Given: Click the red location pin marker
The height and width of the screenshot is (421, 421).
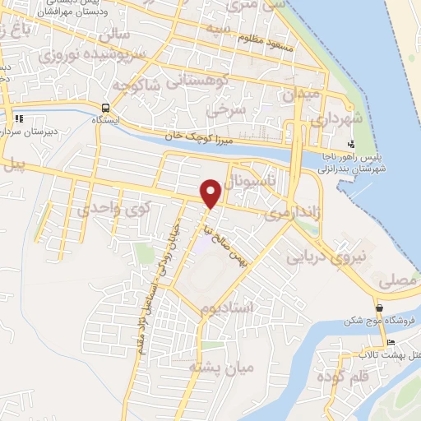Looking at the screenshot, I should pyautogui.click(x=211, y=193).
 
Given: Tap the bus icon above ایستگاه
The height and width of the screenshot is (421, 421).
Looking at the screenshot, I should pyautogui.click(x=105, y=107).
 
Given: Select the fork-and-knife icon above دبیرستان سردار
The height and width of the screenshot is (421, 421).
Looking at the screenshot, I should pyautogui.click(x=18, y=117).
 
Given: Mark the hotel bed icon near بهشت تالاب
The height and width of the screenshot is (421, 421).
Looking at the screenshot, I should pyautogui.click(x=391, y=343).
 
